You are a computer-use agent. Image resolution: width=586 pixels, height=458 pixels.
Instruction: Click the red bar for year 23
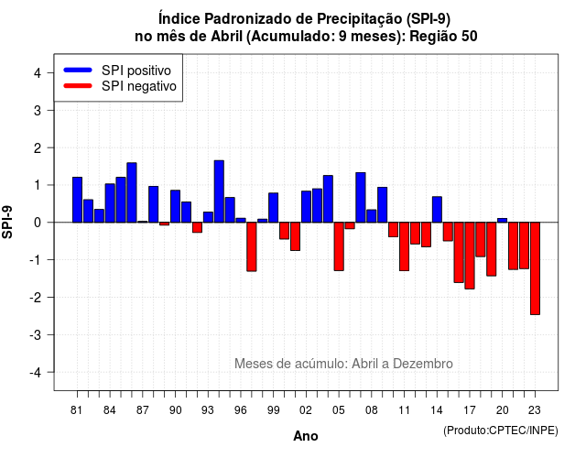point(535,268)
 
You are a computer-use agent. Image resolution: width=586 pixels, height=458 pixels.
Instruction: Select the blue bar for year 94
point(219,191)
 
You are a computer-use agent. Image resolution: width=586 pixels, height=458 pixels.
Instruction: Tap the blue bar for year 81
point(77,200)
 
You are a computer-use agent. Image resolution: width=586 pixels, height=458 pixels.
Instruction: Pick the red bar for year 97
point(252,246)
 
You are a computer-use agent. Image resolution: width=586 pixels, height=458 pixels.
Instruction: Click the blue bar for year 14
point(437,210)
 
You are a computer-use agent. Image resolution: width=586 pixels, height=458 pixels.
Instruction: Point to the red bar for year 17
point(470,256)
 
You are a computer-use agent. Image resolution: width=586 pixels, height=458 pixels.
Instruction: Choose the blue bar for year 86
point(132,192)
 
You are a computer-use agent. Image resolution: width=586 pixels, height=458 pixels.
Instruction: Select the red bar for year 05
point(339,246)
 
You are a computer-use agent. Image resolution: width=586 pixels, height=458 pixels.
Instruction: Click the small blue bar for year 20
point(503,220)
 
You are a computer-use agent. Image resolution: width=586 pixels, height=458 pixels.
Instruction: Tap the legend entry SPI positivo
point(136,71)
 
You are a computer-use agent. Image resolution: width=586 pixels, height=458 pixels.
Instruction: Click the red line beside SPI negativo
point(78,86)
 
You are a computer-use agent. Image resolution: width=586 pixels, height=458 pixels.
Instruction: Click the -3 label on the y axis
point(35,334)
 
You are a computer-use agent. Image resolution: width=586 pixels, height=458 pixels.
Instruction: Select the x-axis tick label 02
point(305,410)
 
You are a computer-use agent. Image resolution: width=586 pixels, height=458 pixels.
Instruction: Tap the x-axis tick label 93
point(208,410)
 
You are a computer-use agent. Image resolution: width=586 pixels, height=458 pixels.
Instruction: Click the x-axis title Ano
point(306,436)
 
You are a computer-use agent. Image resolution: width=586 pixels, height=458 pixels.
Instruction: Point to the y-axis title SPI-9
point(7,222)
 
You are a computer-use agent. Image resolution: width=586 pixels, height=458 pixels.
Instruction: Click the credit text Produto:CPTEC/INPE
point(501,431)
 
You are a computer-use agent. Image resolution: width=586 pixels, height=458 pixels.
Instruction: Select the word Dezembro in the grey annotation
point(423,364)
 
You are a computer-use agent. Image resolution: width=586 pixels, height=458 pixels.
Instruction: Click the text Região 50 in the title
point(443,37)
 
